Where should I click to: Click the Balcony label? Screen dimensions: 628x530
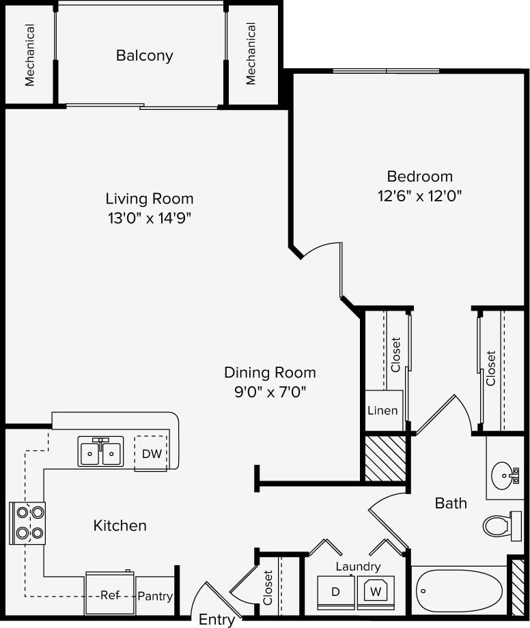144,56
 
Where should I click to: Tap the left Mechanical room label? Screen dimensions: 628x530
30,56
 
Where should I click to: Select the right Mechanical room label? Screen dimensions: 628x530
251,54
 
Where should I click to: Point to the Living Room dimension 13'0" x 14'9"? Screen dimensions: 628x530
149,218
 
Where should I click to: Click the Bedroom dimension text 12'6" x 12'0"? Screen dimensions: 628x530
419,196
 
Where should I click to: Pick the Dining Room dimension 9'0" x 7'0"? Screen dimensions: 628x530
270,392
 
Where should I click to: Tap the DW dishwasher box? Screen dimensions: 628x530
151,453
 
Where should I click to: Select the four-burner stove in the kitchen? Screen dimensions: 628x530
27,523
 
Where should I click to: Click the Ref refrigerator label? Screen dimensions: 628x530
109,595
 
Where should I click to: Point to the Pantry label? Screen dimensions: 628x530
155,596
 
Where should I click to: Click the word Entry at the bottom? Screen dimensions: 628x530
217,620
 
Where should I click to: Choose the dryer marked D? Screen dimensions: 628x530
335,592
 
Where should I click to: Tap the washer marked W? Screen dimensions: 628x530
375,591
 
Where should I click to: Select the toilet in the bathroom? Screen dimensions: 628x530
502,526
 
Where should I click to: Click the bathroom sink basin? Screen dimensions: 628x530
505,472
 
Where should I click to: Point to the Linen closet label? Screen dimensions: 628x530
382,411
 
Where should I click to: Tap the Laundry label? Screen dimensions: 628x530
358,567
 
